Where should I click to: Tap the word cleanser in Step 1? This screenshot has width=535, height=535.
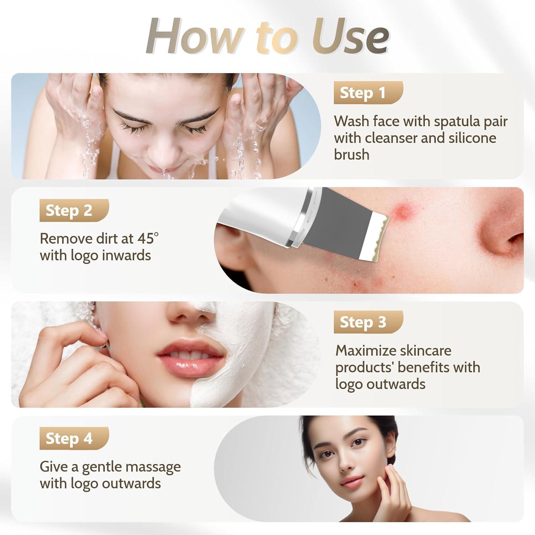(391, 138)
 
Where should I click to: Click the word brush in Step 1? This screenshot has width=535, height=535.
(351, 155)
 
